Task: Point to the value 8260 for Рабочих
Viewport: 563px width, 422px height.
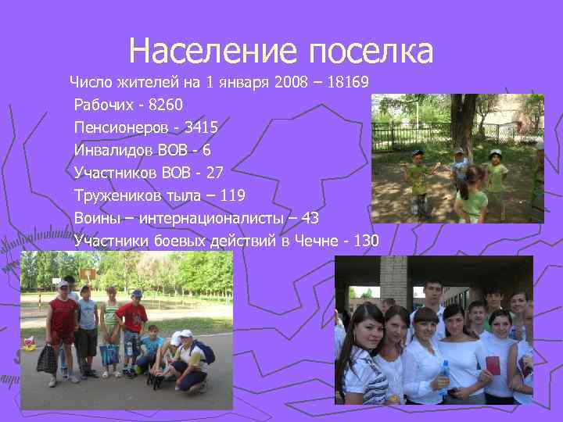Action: pos(168,104)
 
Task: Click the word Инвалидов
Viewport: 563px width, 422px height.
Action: pos(115,149)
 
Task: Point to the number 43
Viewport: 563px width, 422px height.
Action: pos(308,217)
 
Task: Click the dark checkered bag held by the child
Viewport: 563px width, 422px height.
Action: pos(47,359)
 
